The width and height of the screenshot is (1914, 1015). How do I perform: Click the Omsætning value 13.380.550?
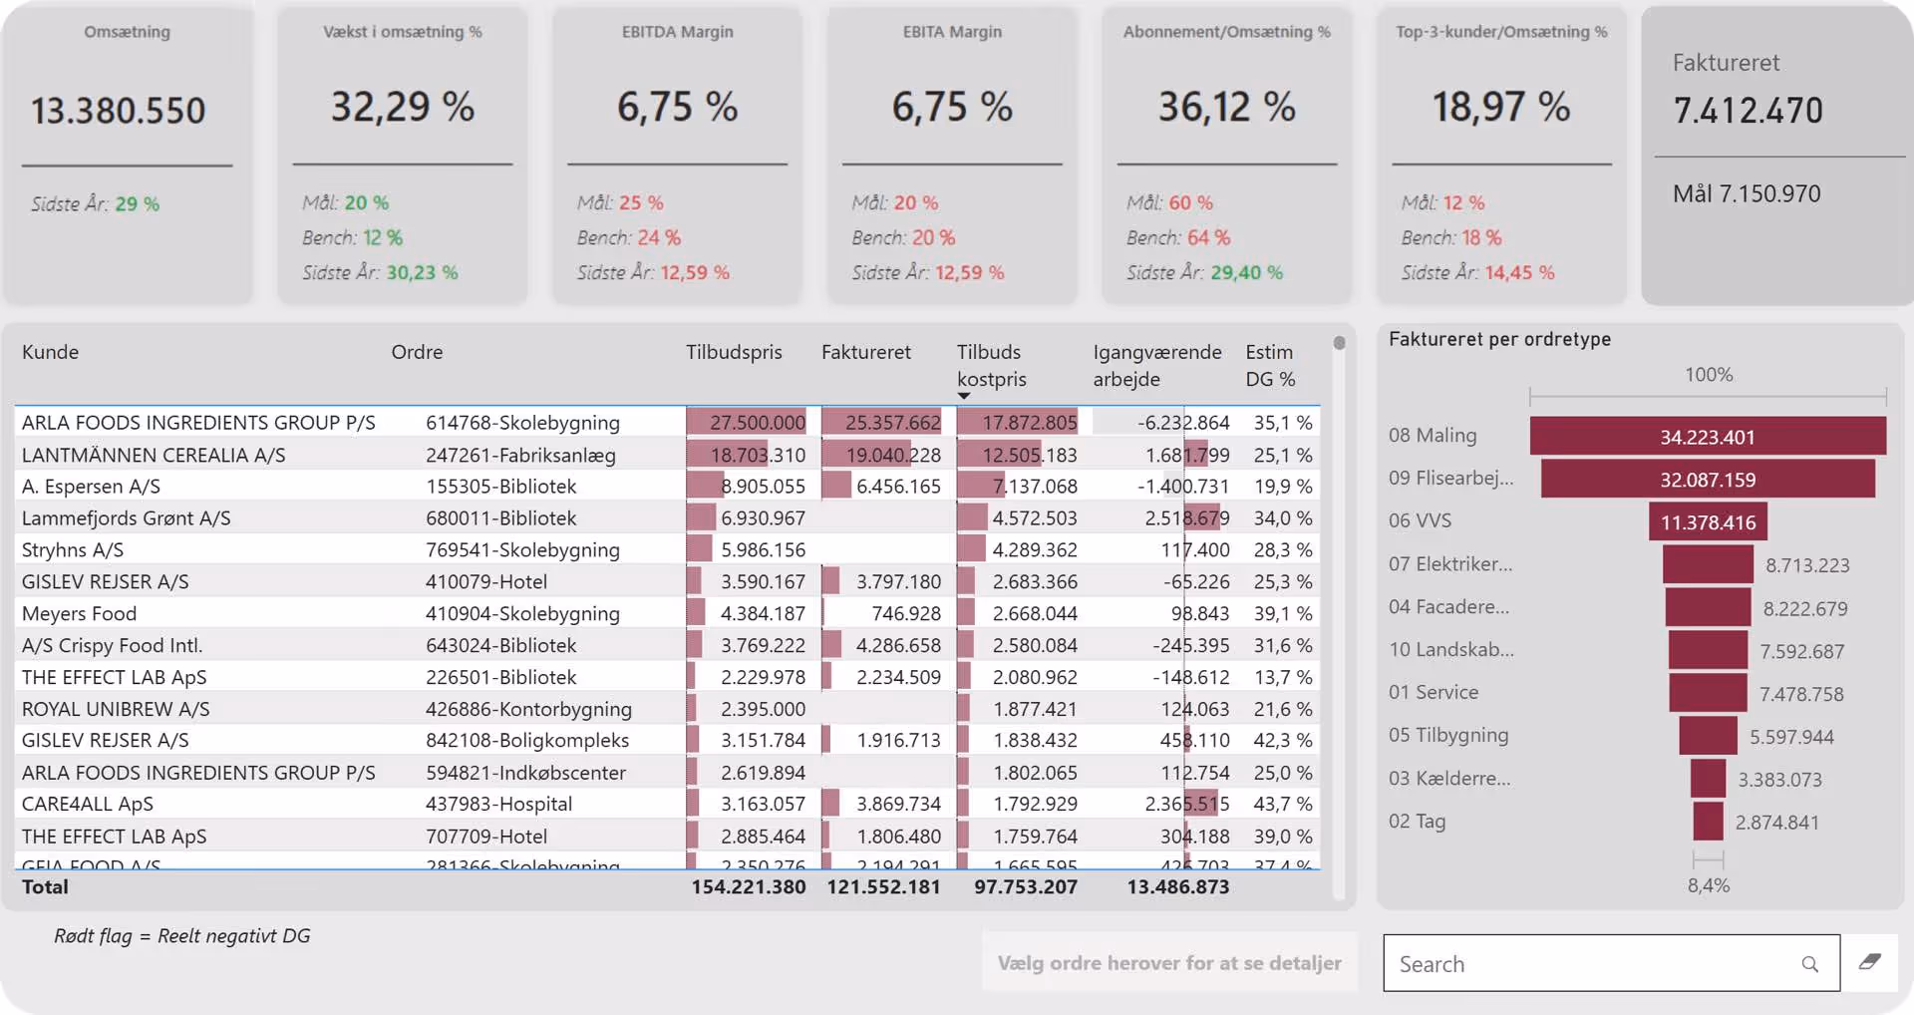tap(118, 111)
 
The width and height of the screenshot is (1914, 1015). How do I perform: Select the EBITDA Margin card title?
tap(677, 32)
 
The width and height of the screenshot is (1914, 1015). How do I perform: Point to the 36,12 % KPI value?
tap(1226, 107)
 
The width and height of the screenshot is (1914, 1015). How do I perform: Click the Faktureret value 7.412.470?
tap(1748, 111)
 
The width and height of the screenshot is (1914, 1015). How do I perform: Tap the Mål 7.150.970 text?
tap(1747, 193)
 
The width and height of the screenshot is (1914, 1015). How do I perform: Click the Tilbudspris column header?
tap(734, 352)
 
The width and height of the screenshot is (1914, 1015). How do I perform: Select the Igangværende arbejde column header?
tap(1156, 365)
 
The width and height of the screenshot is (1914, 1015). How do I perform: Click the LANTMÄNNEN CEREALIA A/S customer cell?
tap(154, 455)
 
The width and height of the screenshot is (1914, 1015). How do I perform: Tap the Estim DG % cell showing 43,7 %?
tap(1282, 804)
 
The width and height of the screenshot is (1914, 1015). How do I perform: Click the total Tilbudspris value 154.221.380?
tap(748, 887)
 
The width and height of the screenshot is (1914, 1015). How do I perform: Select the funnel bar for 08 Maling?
tap(1708, 437)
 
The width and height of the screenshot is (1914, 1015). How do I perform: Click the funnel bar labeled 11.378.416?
tap(1708, 522)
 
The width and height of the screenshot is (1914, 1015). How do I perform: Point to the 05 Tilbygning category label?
tap(1448, 735)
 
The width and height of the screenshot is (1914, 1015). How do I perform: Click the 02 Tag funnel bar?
tap(1708, 822)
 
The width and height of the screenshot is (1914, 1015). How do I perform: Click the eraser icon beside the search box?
tap(1869, 962)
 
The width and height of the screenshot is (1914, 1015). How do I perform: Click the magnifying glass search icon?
tap(1809, 964)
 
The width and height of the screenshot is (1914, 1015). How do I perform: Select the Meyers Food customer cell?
tap(80, 613)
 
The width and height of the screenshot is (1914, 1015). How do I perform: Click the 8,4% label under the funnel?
tap(1708, 885)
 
